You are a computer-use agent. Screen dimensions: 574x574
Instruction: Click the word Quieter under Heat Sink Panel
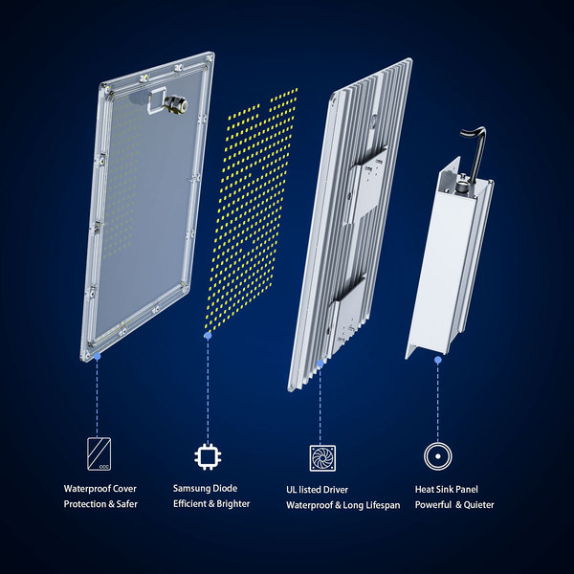(479, 505)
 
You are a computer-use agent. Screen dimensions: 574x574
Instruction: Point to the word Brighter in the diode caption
(233, 504)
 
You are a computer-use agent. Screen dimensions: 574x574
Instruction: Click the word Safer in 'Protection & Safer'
(127, 504)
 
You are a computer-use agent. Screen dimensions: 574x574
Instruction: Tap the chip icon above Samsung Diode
(208, 456)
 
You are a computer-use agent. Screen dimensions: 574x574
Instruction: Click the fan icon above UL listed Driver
(322, 458)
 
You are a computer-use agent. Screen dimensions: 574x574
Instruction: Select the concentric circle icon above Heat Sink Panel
(438, 456)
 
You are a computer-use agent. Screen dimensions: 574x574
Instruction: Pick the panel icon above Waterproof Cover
(99, 453)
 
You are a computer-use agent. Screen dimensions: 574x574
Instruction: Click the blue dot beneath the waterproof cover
(97, 356)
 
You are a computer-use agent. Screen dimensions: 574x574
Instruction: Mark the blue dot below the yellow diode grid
(208, 336)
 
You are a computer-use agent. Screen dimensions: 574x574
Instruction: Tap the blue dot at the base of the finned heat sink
(320, 364)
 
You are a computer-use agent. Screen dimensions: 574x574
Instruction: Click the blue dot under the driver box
(438, 361)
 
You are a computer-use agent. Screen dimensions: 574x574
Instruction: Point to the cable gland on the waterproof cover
(175, 104)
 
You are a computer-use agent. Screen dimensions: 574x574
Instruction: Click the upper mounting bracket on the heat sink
(365, 186)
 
